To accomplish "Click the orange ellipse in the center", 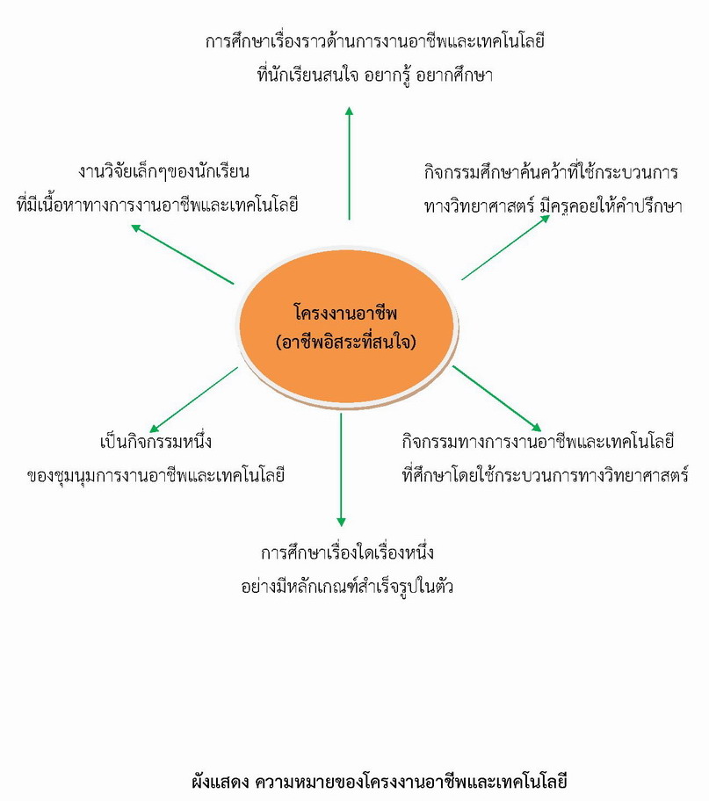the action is pyautogui.click(x=347, y=327).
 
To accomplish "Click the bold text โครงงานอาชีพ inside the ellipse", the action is pyautogui.click(x=345, y=313).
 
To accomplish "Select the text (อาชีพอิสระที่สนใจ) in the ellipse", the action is pyautogui.click(x=346, y=342).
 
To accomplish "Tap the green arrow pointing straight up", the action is pyautogui.click(x=349, y=163).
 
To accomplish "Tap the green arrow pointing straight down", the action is pyautogui.click(x=341, y=470).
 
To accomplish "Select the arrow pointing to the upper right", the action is pyautogui.click(x=505, y=248).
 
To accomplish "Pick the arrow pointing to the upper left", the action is pyautogui.click(x=183, y=254).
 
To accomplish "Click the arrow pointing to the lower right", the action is pyautogui.click(x=497, y=399).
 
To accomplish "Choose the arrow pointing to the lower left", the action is pyautogui.click(x=194, y=400).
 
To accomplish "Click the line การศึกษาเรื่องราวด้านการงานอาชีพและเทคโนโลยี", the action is pyautogui.click(x=374, y=41).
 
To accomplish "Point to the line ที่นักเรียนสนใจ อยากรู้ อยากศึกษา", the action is pyautogui.click(x=374, y=76).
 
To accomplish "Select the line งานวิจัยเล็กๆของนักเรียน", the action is pyautogui.click(x=163, y=171).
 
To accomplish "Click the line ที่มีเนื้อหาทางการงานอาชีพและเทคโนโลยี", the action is pyautogui.click(x=157, y=206).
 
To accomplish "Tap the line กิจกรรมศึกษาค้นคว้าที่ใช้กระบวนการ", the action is pyautogui.click(x=551, y=172).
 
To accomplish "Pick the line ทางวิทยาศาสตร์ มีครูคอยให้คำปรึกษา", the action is pyautogui.click(x=553, y=206).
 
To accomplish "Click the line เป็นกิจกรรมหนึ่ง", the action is pyautogui.click(x=156, y=442).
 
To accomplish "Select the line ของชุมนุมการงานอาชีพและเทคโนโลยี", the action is pyautogui.click(x=156, y=476).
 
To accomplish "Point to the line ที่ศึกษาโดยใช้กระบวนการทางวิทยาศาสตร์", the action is pyautogui.click(x=545, y=476).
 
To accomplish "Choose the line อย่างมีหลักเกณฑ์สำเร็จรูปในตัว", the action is pyautogui.click(x=347, y=586).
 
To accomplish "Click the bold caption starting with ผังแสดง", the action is pyautogui.click(x=380, y=782).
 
